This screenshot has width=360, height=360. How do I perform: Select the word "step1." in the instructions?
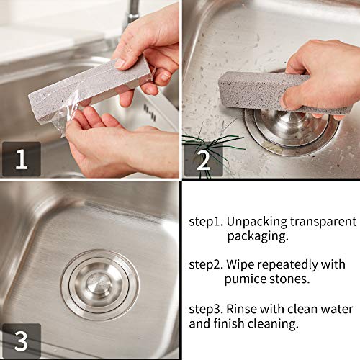[x=207, y=222]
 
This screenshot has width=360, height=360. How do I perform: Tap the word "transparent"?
[x=325, y=222]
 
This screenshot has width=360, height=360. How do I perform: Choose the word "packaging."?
[x=259, y=236]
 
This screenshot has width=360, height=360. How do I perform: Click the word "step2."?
[x=207, y=265]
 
